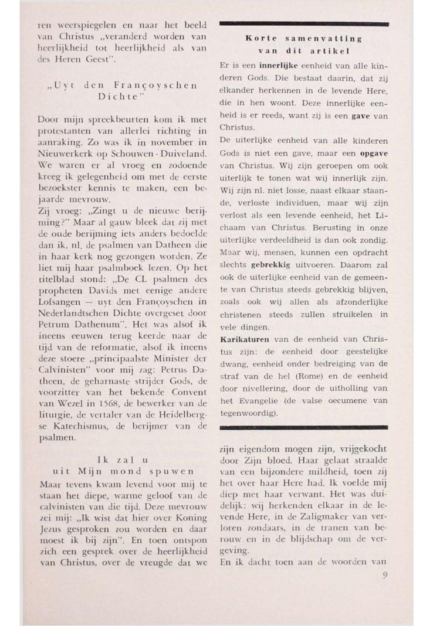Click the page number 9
385,575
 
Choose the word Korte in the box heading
257,38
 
